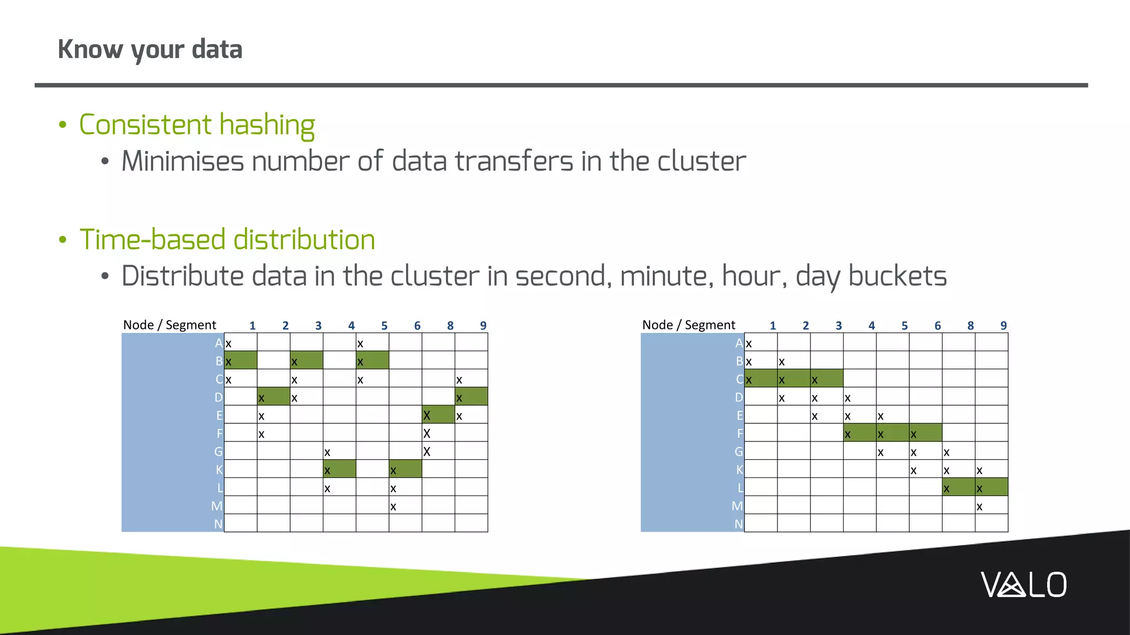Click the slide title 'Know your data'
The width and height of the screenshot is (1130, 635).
click(x=150, y=50)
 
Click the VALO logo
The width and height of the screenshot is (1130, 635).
click(x=1024, y=585)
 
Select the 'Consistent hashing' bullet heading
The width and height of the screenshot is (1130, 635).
click(x=197, y=125)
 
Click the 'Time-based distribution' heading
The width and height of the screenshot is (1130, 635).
click(x=227, y=240)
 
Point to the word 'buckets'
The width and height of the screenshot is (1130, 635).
click(x=897, y=276)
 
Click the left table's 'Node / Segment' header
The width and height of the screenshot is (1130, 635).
click(x=169, y=325)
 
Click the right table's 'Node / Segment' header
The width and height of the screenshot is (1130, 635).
click(x=689, y=325)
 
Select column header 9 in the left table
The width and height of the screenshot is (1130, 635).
click(x=483, y=326)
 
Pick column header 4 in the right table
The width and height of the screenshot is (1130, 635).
click(x=871, y=326)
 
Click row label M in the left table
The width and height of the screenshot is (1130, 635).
click(x=217, y=506)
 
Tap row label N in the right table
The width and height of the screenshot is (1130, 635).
click(x=738, y=524)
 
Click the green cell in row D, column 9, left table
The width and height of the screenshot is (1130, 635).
click(x=471, y=397)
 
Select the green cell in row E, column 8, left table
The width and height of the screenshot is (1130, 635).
click(x=438, y=415)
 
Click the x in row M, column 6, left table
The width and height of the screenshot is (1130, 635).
click(x=393, y=507)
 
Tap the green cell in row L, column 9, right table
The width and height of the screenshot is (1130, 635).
click(x=992, y=488)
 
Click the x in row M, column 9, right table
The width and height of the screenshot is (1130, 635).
click(x=979, y=507)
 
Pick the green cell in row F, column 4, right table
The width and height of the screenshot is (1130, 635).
click(x=860, y=433)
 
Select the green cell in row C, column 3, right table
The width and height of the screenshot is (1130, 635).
click(x=827, y=379)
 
